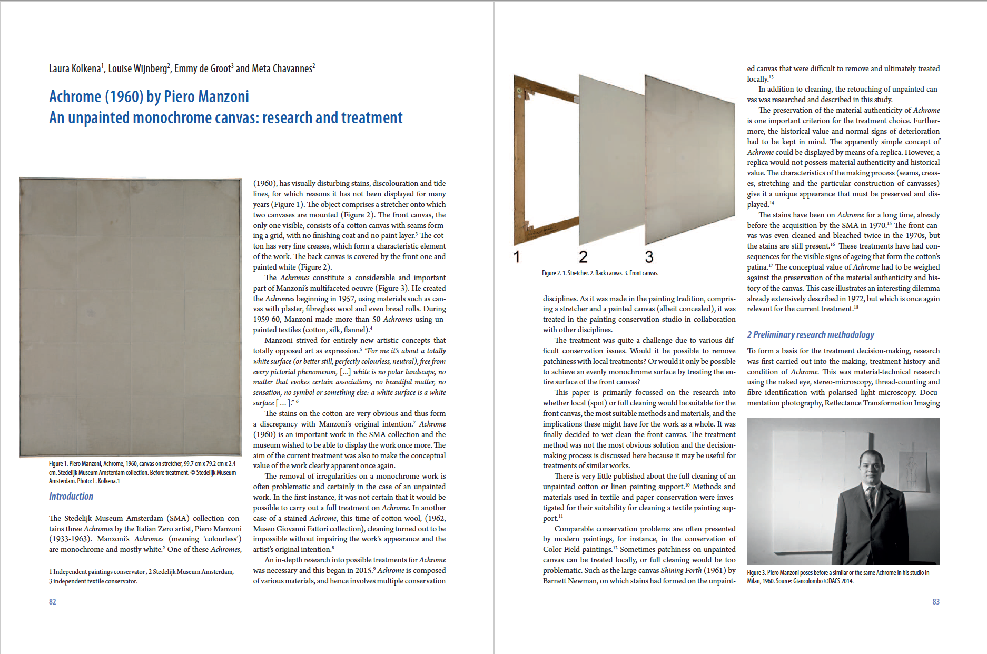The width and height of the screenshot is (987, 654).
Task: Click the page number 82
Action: pyautogui.click(x=52, y=601)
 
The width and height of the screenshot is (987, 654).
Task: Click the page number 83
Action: pyautogui.click(x=935, y=601)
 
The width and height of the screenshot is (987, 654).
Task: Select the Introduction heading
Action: pyautogui.click(x=71, y=496)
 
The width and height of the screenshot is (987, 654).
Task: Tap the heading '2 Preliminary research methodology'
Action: pyautogui.click(x=810, y=334)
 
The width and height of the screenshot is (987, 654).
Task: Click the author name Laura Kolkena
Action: pyautogui.click(x=75, y=68)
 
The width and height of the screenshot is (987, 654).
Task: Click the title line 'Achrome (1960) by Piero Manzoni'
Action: pyautogui.click(x=149, y=96)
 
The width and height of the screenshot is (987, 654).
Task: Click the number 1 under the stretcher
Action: pyautogui.click(x=517, y=257)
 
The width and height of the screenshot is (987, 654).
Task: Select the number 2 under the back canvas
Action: pyautogui.click(x=583, y=257)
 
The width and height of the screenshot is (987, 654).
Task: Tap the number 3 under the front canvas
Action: pyautogui.click(x=649, y=257)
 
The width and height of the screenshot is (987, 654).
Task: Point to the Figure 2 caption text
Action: pyautogui.click(x=600, y=273)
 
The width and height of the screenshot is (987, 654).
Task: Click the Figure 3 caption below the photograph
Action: pyautogui.click(x=837, y=577)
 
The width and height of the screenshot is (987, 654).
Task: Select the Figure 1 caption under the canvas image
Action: pyautogui.click(x=142, y=472)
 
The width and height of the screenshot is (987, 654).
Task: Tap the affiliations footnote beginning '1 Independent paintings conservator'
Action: pyautogui.click(x=141, y=577)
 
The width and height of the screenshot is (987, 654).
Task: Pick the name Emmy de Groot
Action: pyautogui.click(x=203, y=68)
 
